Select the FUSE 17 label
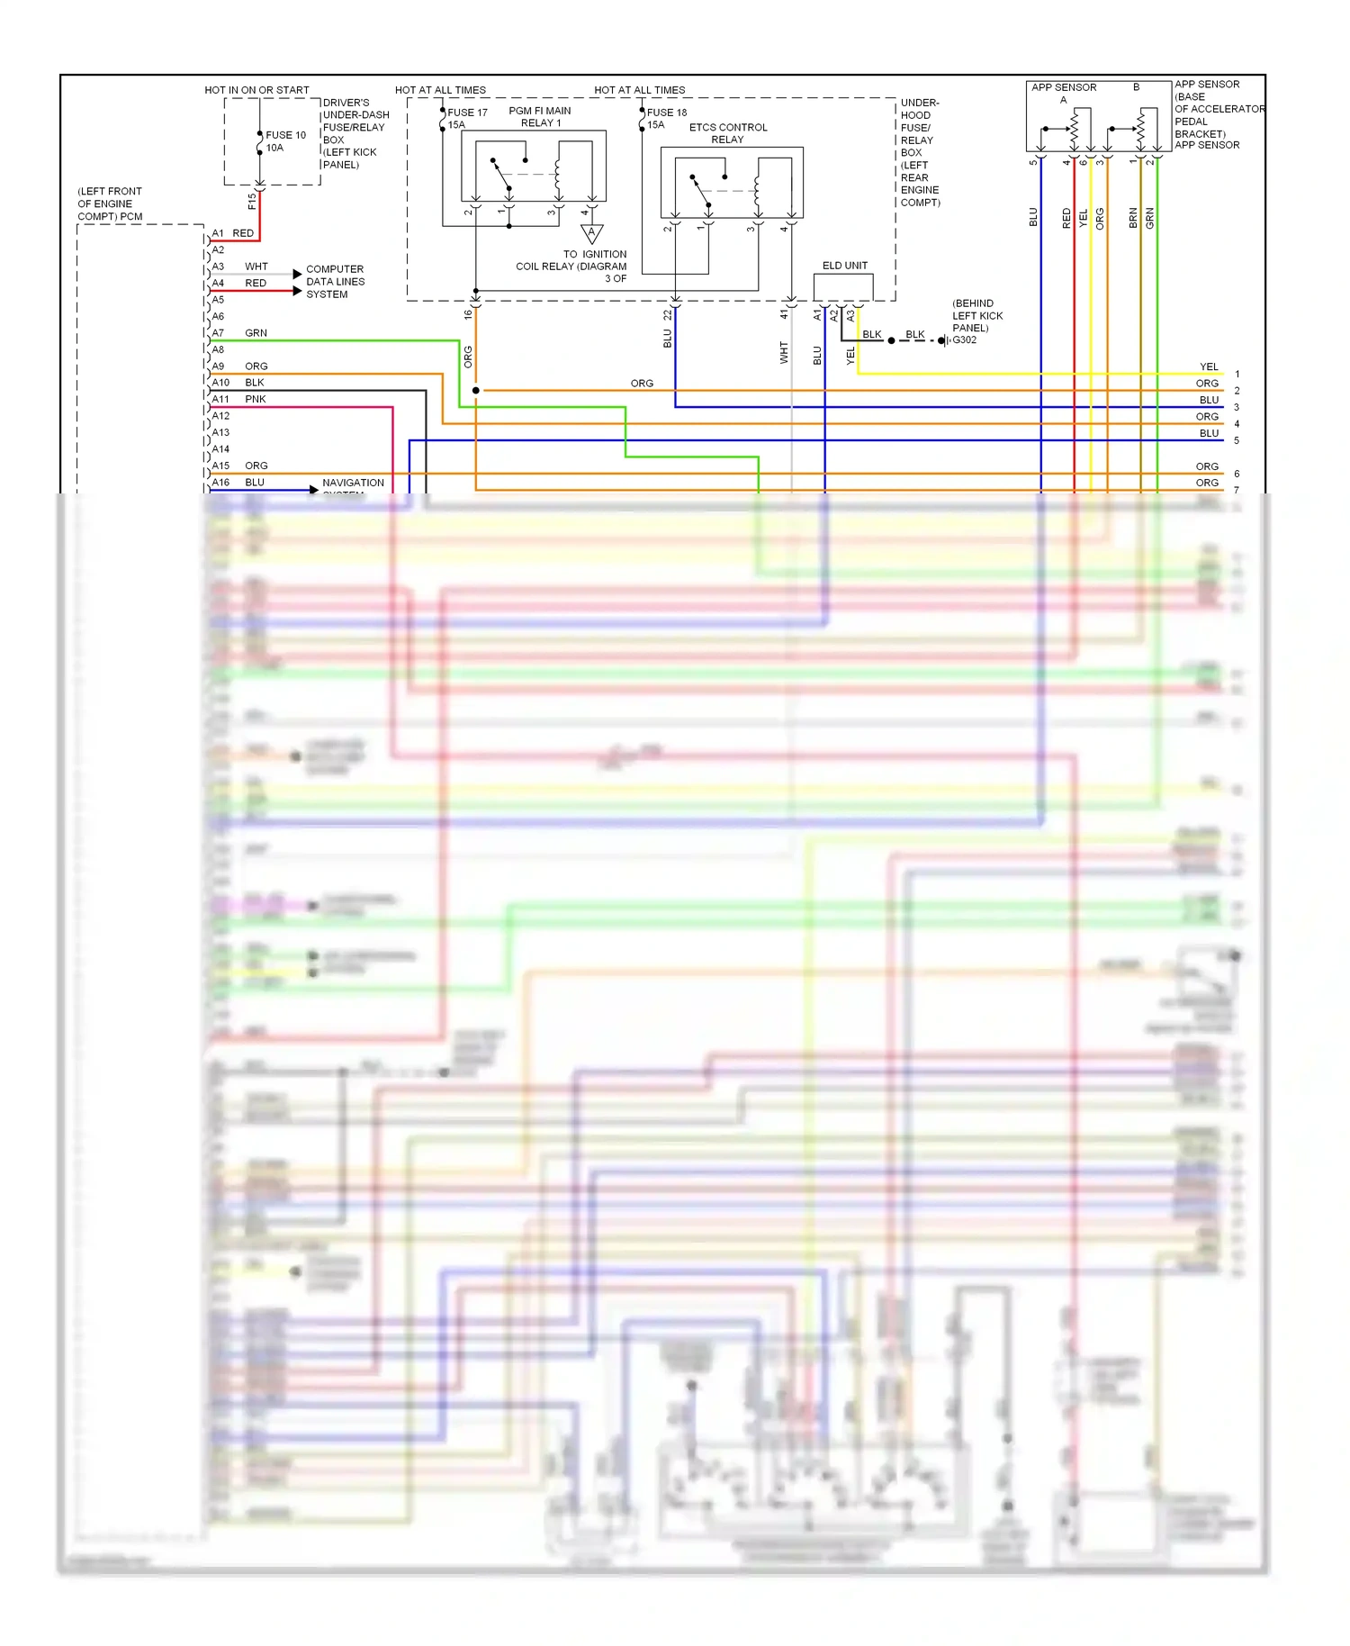[467, 113]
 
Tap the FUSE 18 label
[667, 113]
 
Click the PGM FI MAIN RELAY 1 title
[540, 117]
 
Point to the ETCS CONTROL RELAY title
[728, 133]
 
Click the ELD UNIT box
[843, 286]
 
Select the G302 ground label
[964, 340]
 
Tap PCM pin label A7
[218, 333]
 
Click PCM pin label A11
[220, 399]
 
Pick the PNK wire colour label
[256, 399]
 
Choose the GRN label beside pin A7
[256, 333]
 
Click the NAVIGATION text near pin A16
[353, 483]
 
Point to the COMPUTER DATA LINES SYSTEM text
[335, 282]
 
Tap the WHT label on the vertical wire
[784, 352]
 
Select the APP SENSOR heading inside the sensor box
[1064, 87]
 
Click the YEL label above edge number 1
[1209, 367]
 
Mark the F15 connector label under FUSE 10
[252, 202]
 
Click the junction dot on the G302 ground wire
[891, 340]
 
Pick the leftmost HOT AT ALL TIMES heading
[440, 90]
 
